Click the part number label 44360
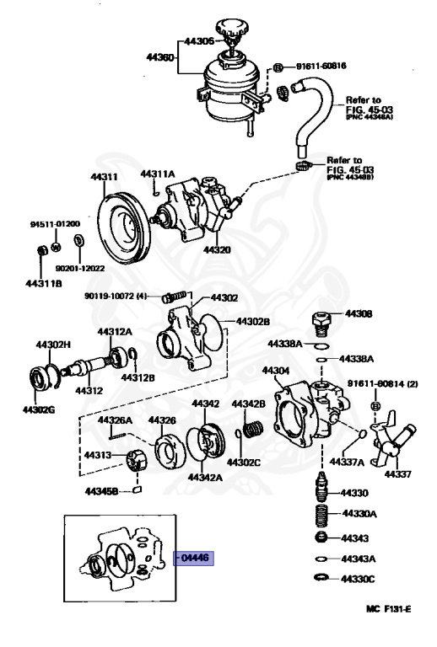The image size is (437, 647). pyautogui.click(x=159, y=56)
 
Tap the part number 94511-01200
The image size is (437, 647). pyautogui.click(x=55, y=225)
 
